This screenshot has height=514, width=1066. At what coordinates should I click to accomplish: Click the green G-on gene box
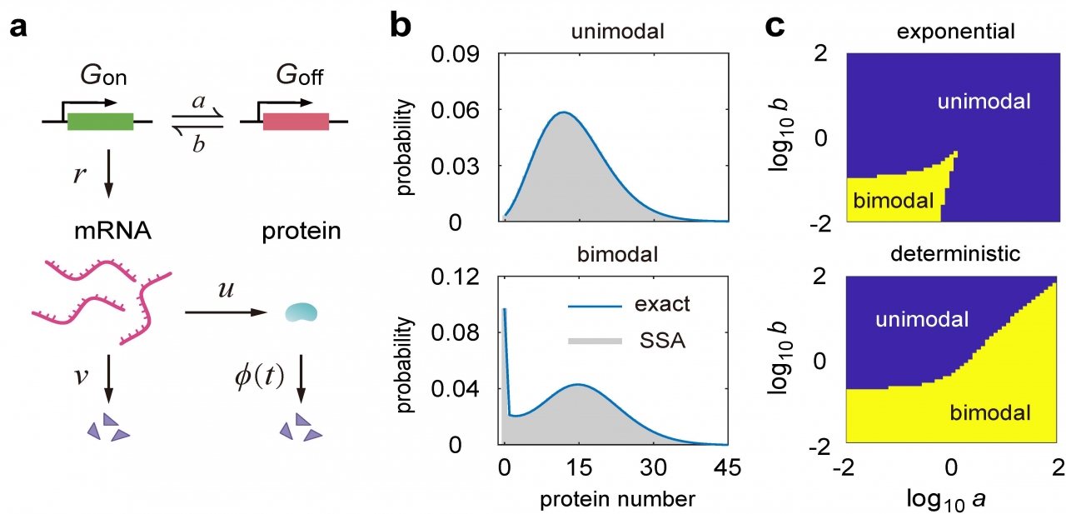(x=100, y=122)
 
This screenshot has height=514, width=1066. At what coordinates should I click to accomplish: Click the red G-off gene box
(x=296, y=122)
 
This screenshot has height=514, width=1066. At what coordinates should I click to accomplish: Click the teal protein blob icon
(x=301, y=312)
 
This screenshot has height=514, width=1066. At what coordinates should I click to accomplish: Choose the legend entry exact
(x=660, y=306)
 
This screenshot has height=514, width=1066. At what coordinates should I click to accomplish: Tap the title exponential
(x=950, y=32)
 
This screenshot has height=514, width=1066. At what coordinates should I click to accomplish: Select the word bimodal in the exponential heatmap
(x=884, y=200)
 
